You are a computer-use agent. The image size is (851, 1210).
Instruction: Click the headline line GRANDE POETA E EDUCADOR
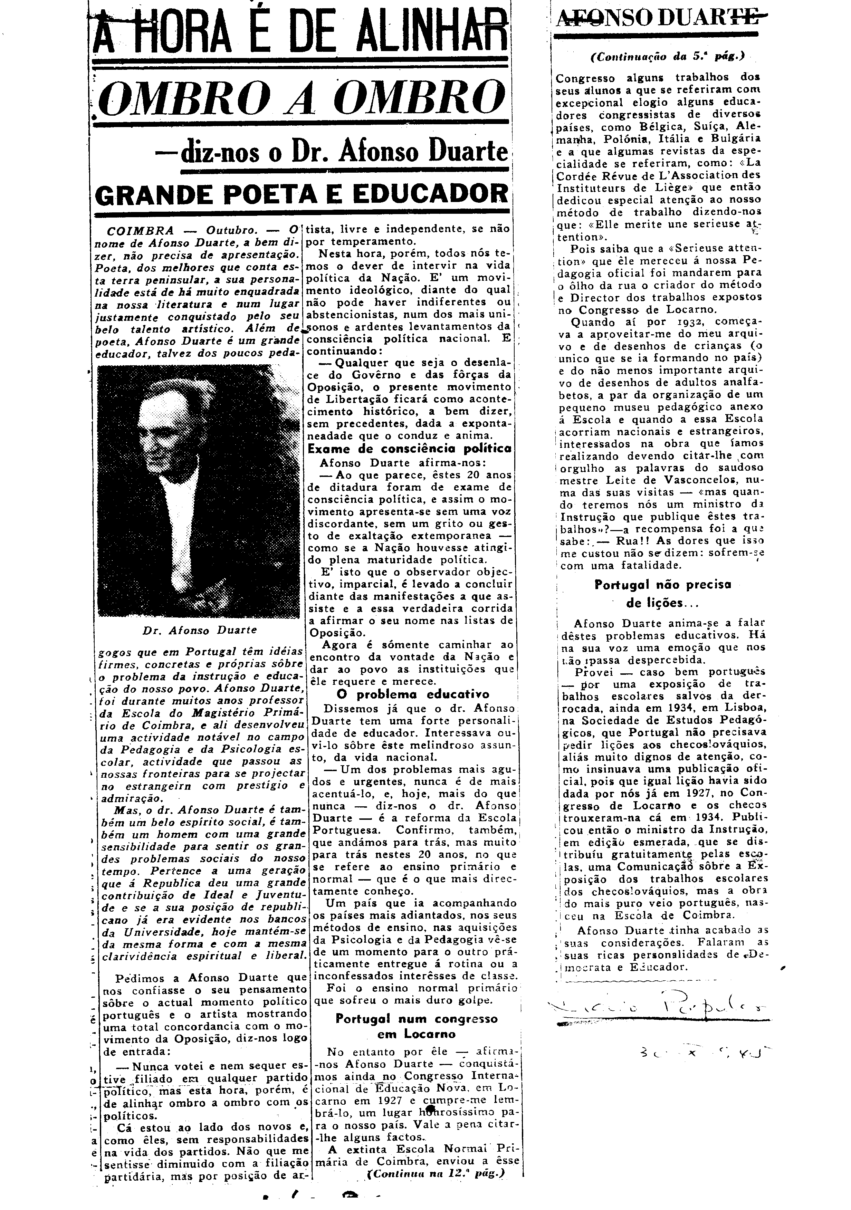click(301, 194)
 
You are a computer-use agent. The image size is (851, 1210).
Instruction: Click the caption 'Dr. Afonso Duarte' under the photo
click(199, 630)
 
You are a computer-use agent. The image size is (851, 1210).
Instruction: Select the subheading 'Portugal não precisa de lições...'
click(662, 593)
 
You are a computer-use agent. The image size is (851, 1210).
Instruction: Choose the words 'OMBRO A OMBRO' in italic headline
click(301, 98)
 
